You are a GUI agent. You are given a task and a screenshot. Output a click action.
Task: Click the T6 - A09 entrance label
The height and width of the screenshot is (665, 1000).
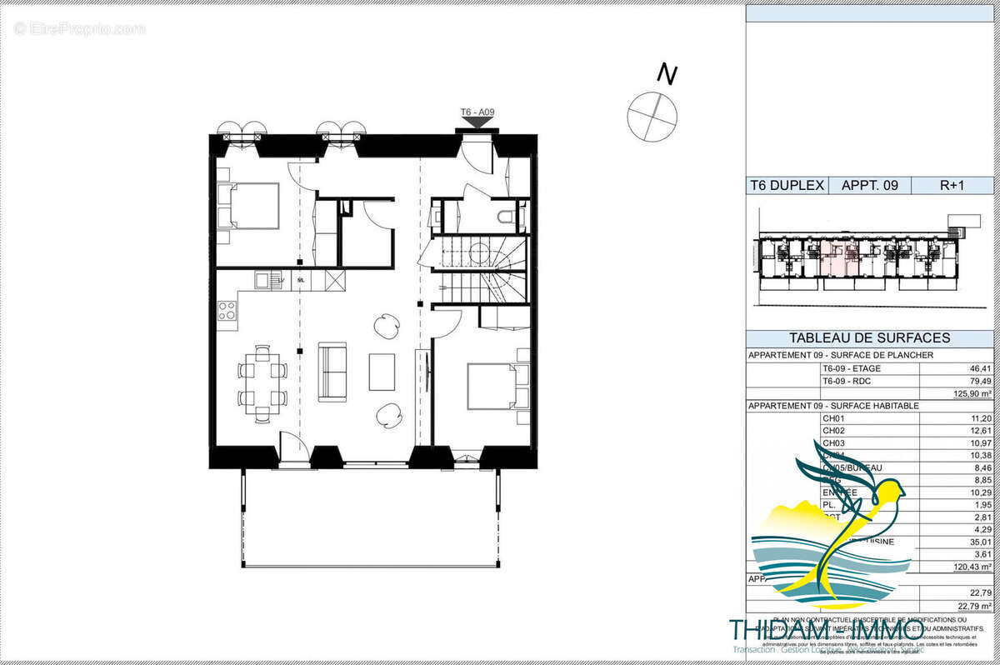(x=477, y=112)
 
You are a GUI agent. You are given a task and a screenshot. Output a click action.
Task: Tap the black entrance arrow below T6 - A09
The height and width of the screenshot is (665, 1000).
(x=477, y=123)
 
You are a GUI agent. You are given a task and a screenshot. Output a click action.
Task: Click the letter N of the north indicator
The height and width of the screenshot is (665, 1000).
(x=666, y=74)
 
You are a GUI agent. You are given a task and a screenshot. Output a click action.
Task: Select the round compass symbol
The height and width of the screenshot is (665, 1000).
(x=652, y=116)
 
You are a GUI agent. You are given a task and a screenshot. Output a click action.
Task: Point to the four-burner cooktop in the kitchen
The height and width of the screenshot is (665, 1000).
(x=227, y=312)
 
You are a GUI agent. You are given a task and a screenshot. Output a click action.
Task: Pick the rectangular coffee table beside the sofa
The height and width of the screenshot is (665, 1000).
(x=382, y=372)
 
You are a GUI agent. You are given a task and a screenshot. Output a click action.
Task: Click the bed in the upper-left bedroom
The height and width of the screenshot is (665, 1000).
(x=247, y=206)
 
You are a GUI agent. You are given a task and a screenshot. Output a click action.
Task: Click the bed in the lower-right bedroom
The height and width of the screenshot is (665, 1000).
(x=489, y=385)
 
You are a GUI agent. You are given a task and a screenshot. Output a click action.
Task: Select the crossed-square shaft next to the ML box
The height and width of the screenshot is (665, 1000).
(x=335, y=281)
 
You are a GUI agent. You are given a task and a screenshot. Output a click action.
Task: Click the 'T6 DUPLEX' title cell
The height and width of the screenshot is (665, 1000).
(x=787, y=186)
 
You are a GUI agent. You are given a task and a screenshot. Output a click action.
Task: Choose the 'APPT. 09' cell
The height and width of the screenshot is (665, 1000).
(x=869, y=186)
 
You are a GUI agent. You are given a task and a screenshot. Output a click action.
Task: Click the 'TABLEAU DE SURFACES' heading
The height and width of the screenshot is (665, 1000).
(x=870, y=337)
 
